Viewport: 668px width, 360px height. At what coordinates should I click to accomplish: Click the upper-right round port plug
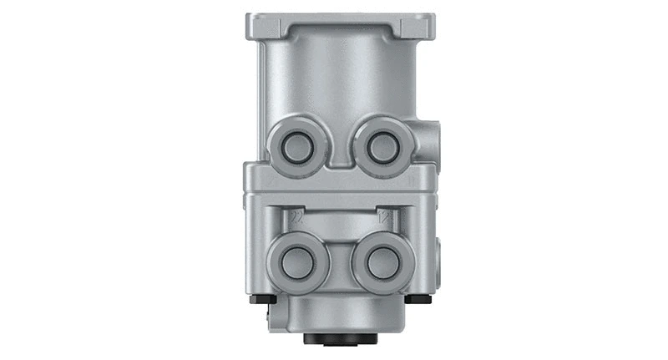(382, 147)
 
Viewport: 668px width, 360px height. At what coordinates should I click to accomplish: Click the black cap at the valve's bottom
(338, 339)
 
